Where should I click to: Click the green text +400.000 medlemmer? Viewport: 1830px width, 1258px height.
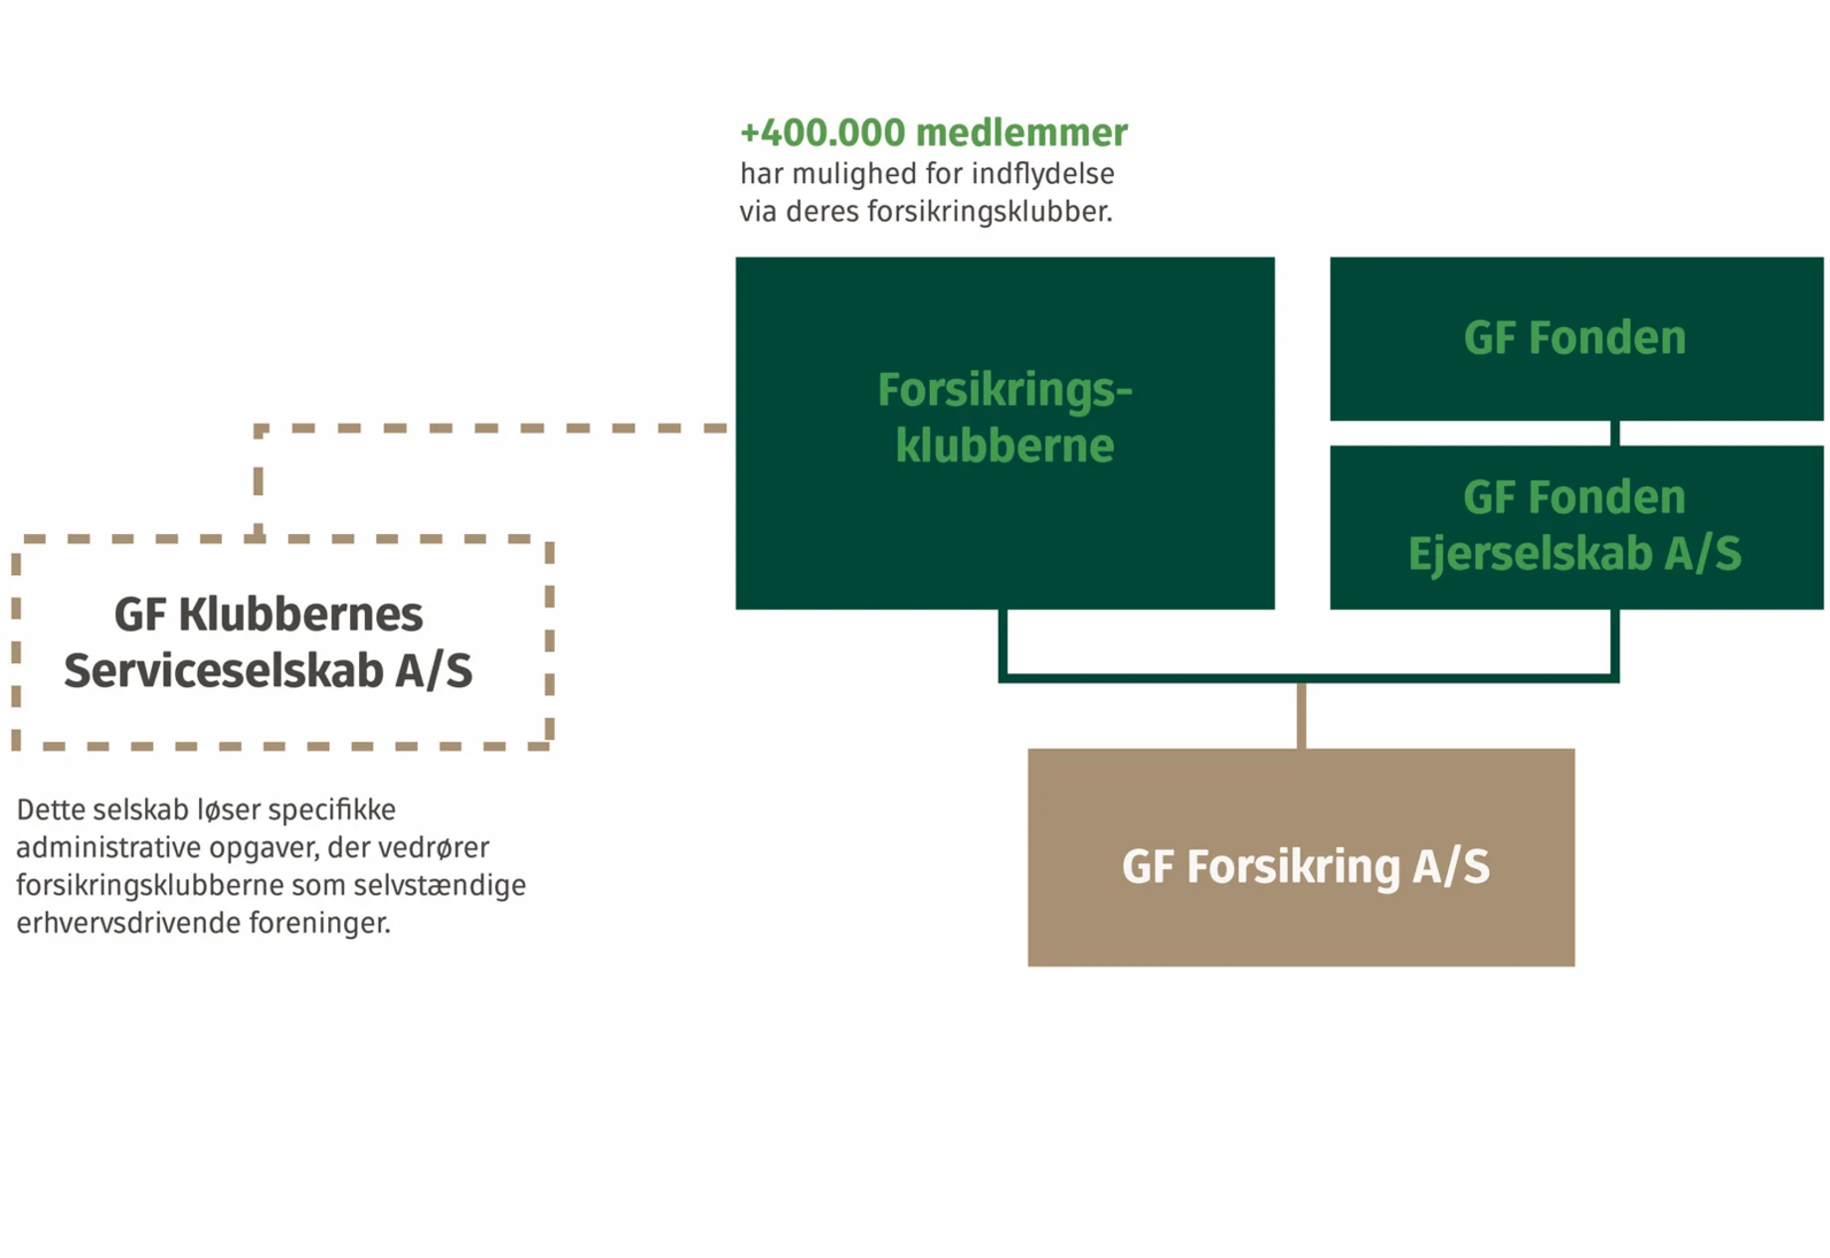pyautogui.click(x=933, y=132)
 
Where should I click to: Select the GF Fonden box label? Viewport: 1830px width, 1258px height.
pyautogui.click(x=1574, y=338)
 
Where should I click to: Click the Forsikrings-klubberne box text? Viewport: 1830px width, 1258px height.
pyautogui.click(x=1005, y=418)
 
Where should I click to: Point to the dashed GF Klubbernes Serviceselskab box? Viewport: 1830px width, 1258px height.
pyautogui.click(x=282, y=642)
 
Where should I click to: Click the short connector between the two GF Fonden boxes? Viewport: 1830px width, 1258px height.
pyautogui.click(x=1614, y=433)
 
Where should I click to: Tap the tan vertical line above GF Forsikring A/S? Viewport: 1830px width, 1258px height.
pyautogui.click(x=1301, y=715)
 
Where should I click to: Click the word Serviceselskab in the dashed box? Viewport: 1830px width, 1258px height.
pyautogui.click(x=224, y=671)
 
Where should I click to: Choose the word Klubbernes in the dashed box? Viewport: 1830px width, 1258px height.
pyautogui.click(x=300, y=615)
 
